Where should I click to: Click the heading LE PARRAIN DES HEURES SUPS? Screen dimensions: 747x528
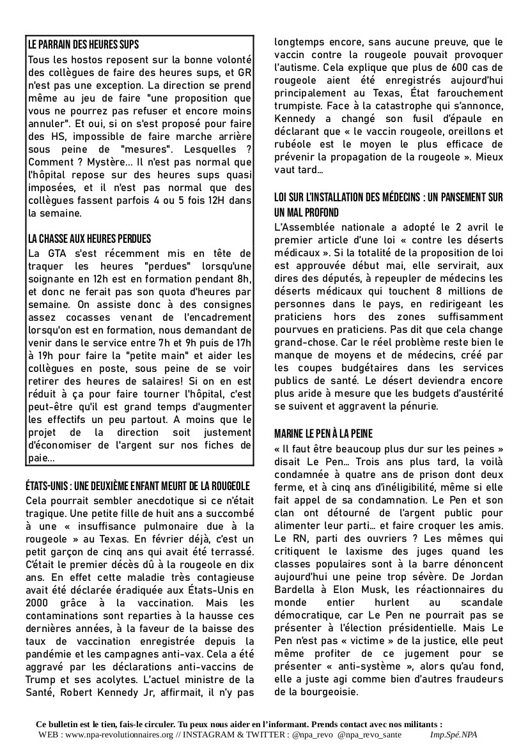[84, 45]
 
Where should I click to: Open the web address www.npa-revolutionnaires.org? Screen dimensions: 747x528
[118, 734]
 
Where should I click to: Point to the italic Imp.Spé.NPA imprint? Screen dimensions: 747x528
[454, 734]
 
